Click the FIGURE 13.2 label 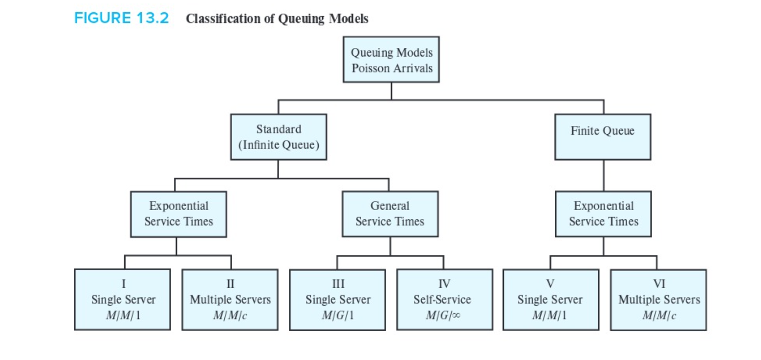pos(121,19)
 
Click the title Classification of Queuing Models pos(277,19)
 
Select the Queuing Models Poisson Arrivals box pos(391,60)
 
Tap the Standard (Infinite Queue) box pos(278,137)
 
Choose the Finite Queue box pos(602,137)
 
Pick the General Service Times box pos(390,213)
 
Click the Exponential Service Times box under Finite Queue pos(603,213)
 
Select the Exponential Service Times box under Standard pos(178,213)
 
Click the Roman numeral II pos(230,283)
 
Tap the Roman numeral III pos(338,283)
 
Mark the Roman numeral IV pos(444,283)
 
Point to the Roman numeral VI pos(658,283)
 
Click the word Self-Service pos(444,299)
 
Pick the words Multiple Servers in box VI pos(658,299)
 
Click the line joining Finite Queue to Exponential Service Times pos(603,175)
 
